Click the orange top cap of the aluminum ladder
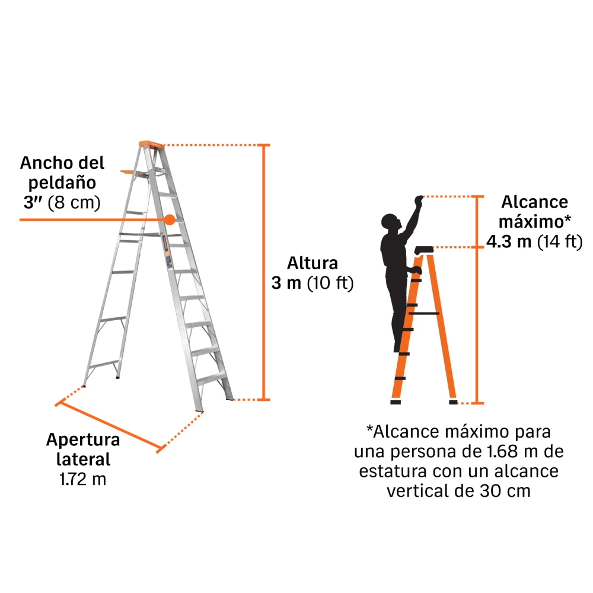tap(151, 145)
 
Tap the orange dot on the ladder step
tap(170, 220)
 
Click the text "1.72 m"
tap(83, 479)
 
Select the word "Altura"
tap(313, 263)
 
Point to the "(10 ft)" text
tap(330, 283)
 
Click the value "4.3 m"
tap(509, 241)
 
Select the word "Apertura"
tap(83, 440)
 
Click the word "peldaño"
tap(62, 183)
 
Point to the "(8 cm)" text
tap(74, 202)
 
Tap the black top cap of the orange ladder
tap(424, 250)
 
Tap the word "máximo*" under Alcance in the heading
tap(535, 222)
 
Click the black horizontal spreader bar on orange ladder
tap(424, 314)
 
